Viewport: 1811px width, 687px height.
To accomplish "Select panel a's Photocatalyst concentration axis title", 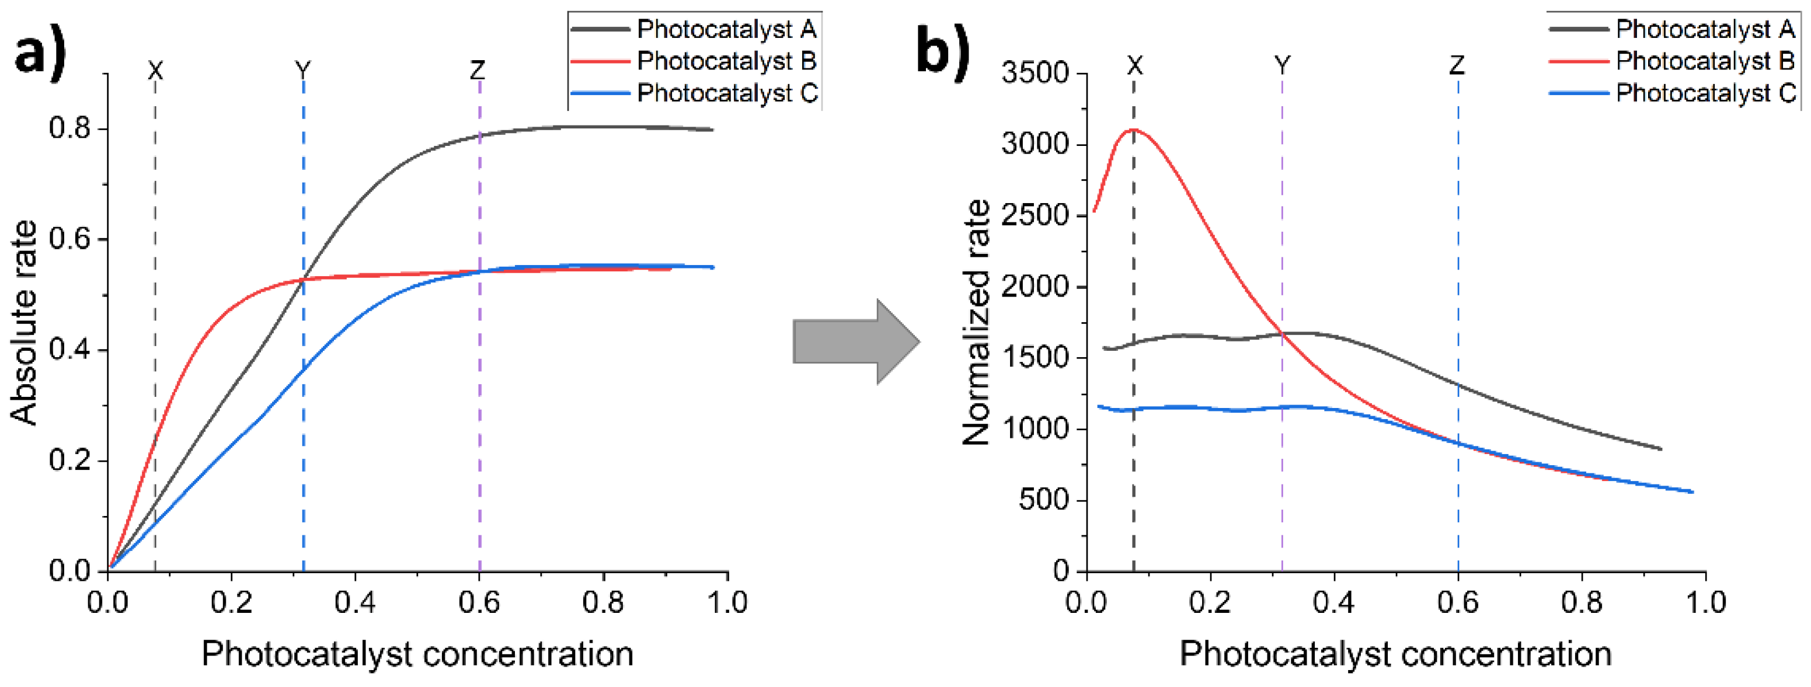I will coord(417,654).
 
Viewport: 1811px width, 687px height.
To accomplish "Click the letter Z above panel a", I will coord(478,69).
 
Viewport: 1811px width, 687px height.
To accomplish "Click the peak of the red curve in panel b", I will coord(1134,130).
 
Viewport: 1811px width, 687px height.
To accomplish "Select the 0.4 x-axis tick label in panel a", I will coord(355,602).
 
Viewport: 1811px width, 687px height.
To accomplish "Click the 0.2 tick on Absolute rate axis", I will coord(70,461).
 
